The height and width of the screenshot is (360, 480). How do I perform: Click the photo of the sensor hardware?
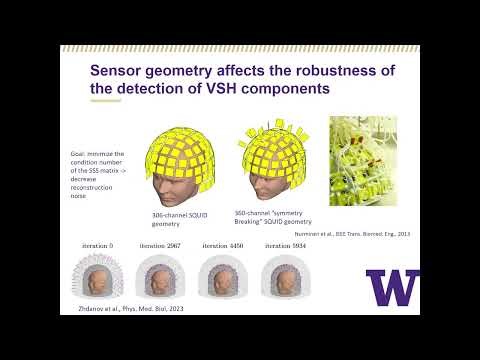(x=363, y=161)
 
